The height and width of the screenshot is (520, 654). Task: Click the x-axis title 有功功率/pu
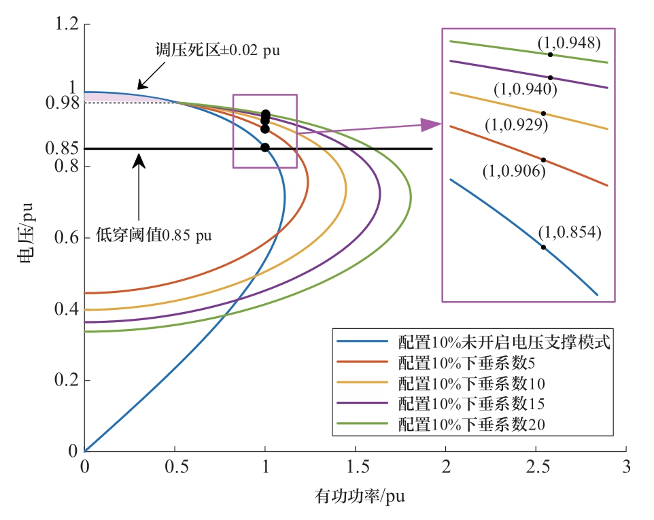(360, 497)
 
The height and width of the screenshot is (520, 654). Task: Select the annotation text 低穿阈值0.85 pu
(153, 235)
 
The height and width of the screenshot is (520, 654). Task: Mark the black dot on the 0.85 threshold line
(265, 148)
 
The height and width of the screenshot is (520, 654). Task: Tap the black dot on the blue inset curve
(543, 247)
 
